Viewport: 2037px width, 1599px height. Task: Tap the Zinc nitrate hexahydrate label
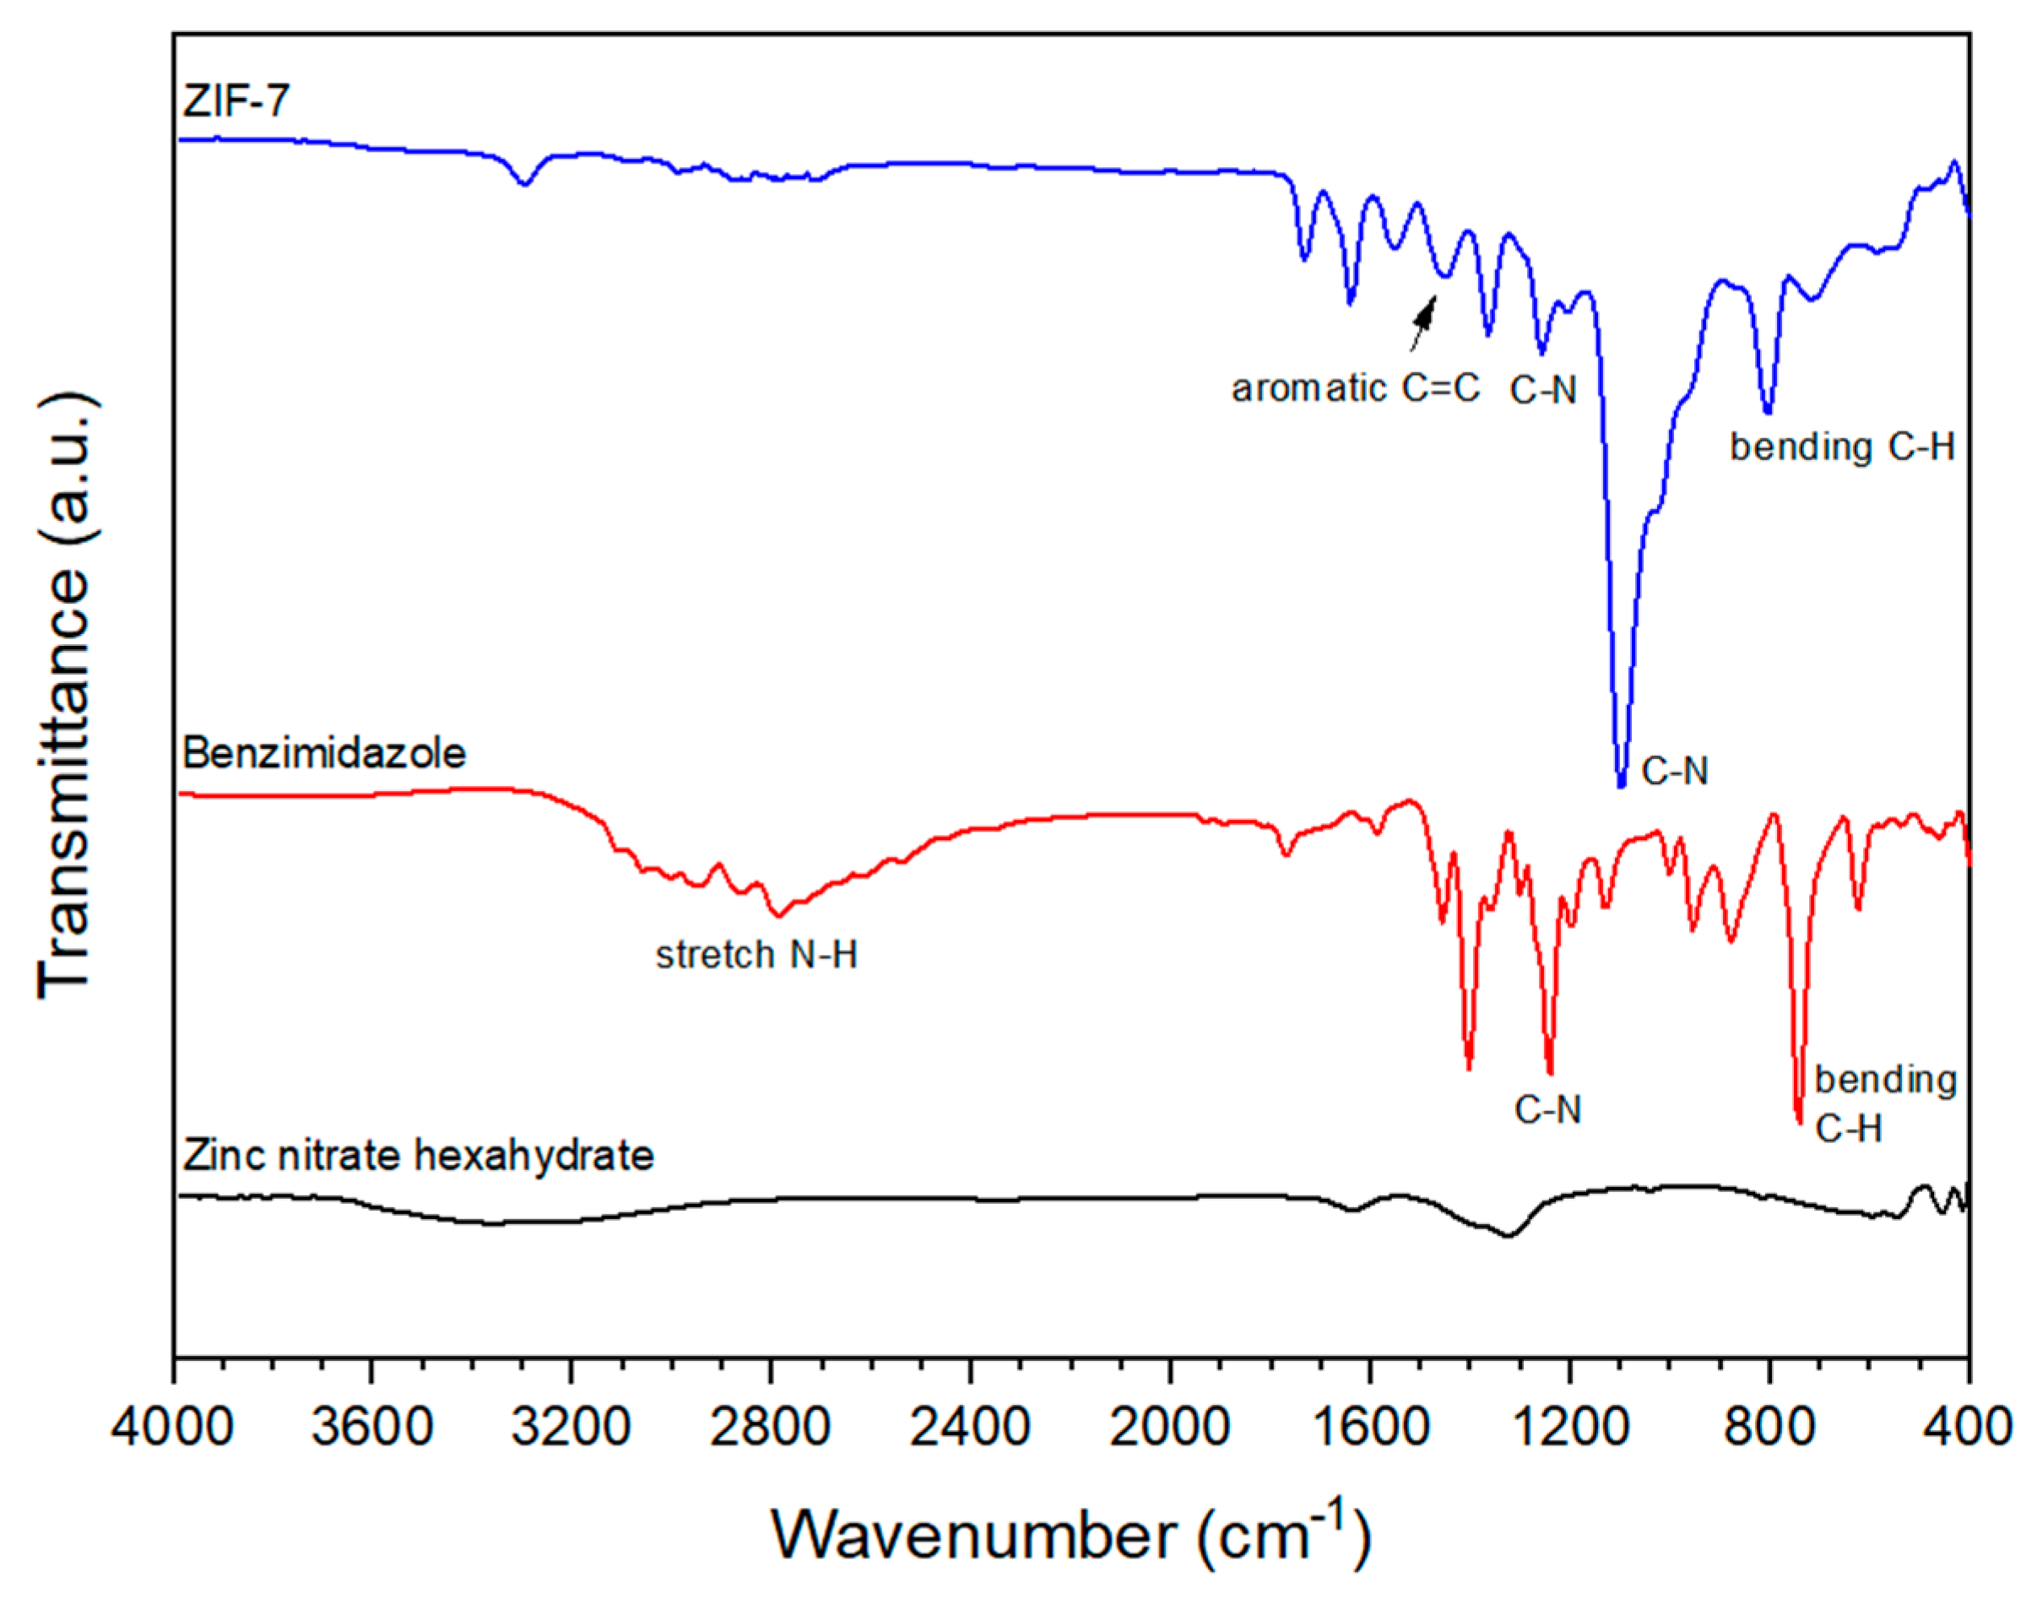tap(419, 1155)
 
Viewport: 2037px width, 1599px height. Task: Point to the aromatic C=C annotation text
tap(1356, 388)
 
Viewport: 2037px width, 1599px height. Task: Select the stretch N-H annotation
tap(756, 955)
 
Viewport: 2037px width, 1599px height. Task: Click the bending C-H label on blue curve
tap(1842, 447)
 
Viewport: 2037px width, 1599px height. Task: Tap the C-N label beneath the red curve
tap(1547, 1110)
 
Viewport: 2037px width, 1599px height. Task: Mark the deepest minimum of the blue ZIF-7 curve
tap(1622, 784)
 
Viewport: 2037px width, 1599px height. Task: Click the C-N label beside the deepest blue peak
tap(1675, 771)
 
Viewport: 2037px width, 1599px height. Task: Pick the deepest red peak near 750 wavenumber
tap(1798, 1119)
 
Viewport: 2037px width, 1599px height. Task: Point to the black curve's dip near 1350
tap(1508, 1236)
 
